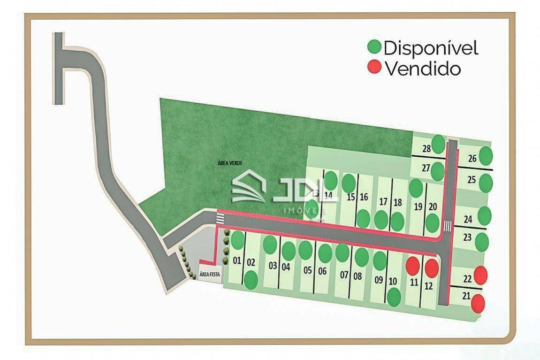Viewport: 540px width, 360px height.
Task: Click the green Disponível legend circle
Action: click(374, 47)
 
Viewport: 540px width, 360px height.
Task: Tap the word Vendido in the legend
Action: click(423, 69)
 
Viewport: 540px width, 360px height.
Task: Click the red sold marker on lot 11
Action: click(412, 266)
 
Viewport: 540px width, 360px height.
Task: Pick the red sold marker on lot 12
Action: click(432, 268)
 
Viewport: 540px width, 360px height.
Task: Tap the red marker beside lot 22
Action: click(480, 275)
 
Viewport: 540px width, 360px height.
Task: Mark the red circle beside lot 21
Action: click(478, 303)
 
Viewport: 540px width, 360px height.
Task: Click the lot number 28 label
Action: click(426, 149)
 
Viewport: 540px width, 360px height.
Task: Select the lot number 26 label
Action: click(472, 159)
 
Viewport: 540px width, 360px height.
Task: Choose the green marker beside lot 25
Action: click(486, 183)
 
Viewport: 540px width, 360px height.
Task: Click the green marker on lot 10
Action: click(394, 297)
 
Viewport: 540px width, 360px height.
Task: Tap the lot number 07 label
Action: click(344, 275)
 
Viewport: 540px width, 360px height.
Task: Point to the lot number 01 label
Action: click(236, 261)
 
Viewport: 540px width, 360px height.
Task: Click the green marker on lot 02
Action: click(251, 280)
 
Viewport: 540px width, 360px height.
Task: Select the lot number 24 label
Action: click(468, 219)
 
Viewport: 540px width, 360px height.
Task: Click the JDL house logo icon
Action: click(249, 186)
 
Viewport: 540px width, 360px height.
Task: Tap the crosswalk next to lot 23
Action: click(448, 226)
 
